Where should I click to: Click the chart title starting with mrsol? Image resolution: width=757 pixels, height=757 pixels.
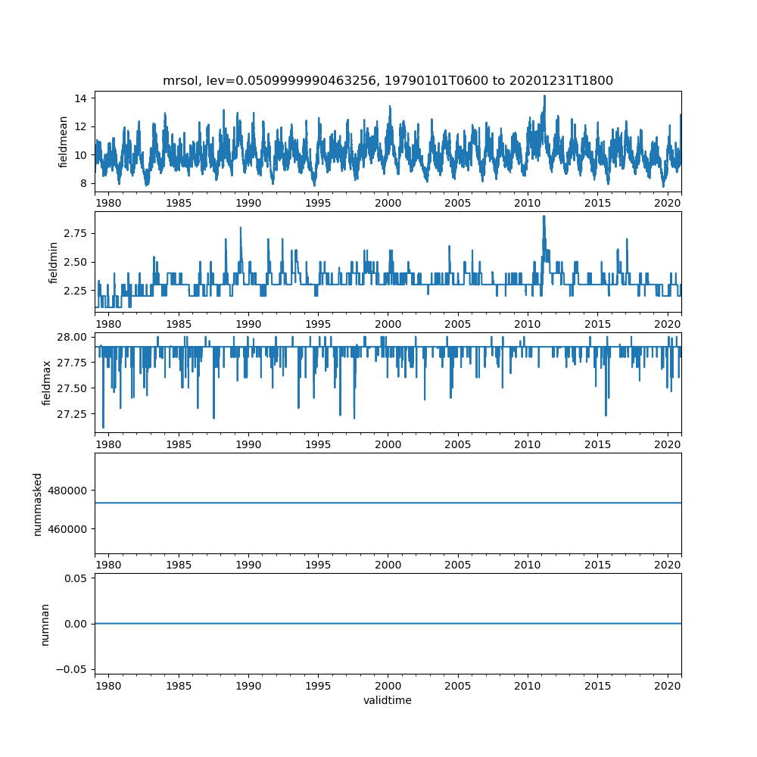(388, 80)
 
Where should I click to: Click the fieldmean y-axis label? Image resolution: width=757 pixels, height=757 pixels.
(64, 142)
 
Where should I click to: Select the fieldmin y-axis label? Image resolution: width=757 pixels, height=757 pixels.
(53, 262)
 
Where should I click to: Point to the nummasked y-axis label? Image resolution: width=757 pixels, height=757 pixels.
(37, 503)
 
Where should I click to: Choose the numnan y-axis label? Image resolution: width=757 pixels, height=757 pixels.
(45, 624)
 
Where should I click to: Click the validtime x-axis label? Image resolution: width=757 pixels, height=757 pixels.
(388, 701)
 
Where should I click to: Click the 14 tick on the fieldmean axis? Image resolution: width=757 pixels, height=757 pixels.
(79, 98)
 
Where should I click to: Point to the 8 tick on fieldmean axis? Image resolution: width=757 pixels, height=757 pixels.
(82, 183)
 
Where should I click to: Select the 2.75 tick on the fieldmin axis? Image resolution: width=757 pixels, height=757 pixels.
(73, 233)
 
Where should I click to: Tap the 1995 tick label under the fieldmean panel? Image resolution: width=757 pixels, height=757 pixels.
(318, 203)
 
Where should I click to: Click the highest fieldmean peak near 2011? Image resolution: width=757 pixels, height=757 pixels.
(544, 96)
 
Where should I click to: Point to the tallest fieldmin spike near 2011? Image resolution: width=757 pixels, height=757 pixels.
(544, 217)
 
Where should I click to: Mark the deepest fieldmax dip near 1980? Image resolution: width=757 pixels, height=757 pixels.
(103, 428)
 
